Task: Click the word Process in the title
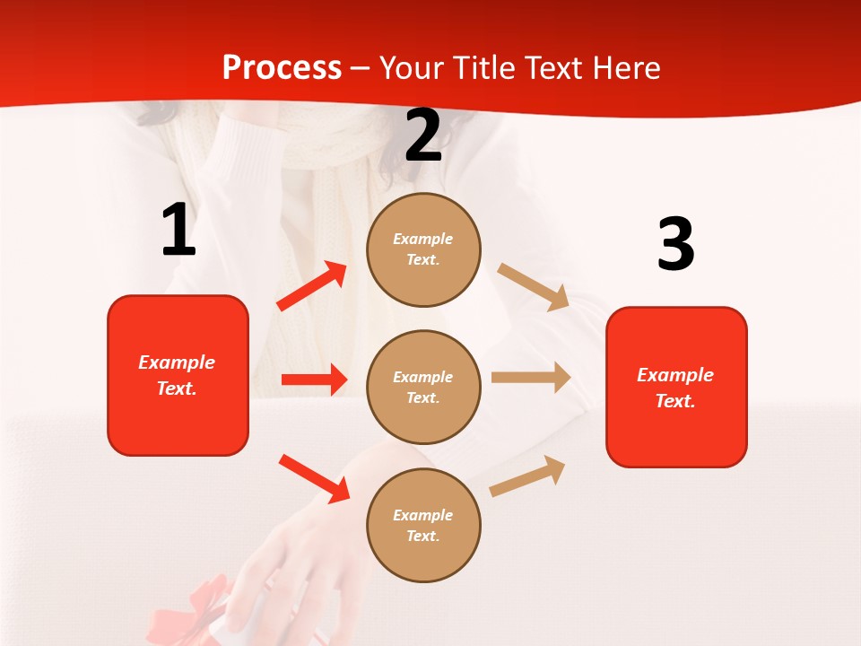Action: pyautogui.click(x=282, y=67)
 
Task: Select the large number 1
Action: pyautogui.click(x=178, y=230)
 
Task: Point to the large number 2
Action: pyautogui.click(x=423, y=135)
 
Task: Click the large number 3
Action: pyautogui.click(x=675, y=244)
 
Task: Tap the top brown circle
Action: pyautogui.click(x=423, y=249)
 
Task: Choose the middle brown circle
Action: pyautogui.click(x=423, y=387)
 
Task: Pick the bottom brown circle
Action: pyautogui.click(x=423, y=525)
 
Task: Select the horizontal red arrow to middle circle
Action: pyautogui.click(x=314, y=380)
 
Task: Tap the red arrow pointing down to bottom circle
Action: pyautogui.click(x=314, y=478)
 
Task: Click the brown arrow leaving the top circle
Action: pyautogui.click(x=534, y=286)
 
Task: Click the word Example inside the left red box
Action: pyautogui.click(x=177, y=362)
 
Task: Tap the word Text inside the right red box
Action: pyautogui.click(x=674, y=401)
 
